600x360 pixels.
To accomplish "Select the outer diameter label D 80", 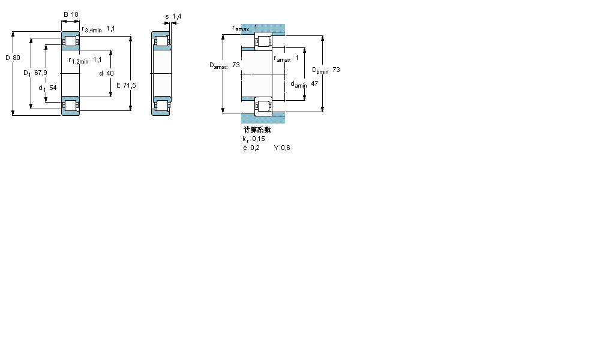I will coord(13,58).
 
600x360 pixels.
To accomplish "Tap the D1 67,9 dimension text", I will coord(35,73).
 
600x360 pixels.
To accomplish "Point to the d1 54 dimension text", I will coord(47,88).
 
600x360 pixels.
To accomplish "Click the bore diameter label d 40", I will coord(106,73).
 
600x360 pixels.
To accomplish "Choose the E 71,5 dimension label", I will coord(126,85).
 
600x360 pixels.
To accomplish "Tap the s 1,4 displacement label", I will coord(172,16).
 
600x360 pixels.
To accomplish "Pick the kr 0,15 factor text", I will coord(253,139).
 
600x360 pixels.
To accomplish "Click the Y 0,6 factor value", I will coord(282,148).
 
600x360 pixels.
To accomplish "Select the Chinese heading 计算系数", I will coord(256,130).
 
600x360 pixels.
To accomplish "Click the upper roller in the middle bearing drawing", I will coord(161,42).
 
